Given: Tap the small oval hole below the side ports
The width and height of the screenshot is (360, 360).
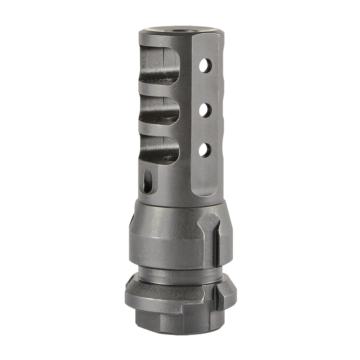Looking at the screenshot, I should click(x=147, y=181).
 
